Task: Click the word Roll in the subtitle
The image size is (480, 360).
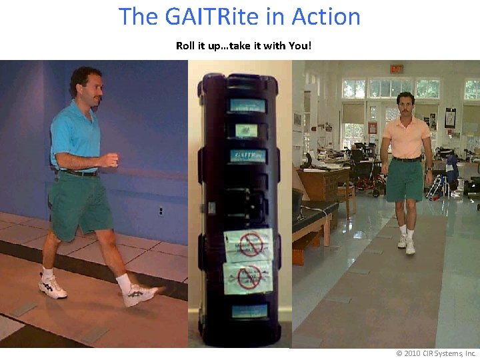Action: tap(186, 46)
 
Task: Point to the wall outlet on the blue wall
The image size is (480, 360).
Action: tap(161, 211)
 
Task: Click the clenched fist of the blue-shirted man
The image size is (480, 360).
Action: tap(110, 160)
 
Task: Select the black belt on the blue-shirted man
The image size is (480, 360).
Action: tap(81, 172)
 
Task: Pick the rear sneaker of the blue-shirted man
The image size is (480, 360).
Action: tap(53, 286)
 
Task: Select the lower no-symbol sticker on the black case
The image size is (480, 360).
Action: tap(249, 277)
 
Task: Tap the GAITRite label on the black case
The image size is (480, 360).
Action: tap(247, 156)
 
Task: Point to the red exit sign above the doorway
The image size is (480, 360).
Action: tap(396, 68)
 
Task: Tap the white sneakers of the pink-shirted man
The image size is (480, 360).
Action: tap(407, 243)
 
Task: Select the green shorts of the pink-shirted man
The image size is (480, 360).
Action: tap(404, 181)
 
